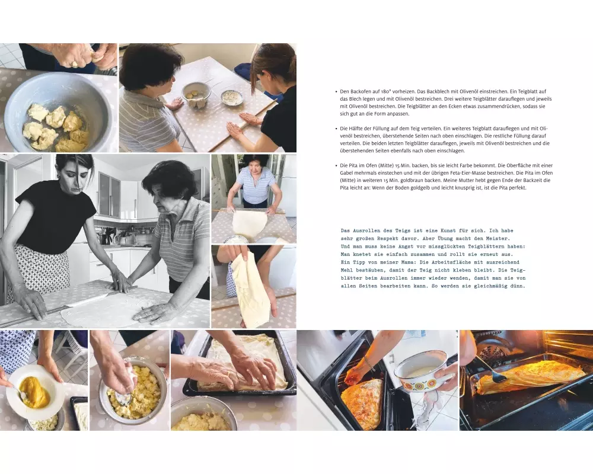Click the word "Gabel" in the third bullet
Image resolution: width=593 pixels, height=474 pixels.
[x=347, y=173]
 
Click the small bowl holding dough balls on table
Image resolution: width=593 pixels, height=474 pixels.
[x=196, y=94]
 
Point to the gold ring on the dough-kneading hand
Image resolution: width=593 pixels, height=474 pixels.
[x=75, y=64]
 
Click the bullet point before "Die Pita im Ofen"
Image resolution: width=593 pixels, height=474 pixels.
[x=336, y=165]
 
